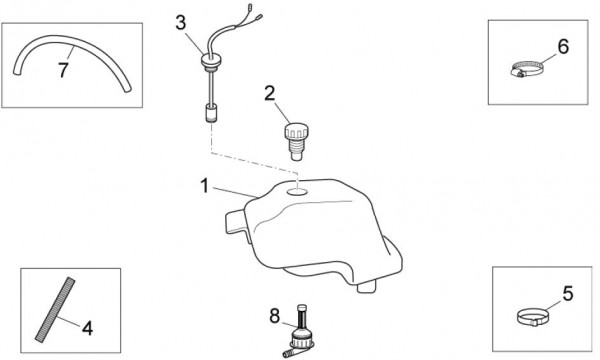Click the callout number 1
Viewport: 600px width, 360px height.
coord(205,186)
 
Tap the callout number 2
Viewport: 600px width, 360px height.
coord(270,94)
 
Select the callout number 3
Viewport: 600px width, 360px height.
coord(181,23)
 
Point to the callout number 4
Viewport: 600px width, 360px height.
coord(88,328)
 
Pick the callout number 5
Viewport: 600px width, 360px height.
coord(568,293)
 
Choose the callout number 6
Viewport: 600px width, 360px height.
coord(563,47)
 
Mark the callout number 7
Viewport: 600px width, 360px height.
coord(63,70)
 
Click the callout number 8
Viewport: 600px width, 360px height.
coord(275,316)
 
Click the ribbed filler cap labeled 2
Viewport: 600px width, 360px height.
coord(296,141)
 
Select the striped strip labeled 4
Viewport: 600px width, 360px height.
coord(55,310)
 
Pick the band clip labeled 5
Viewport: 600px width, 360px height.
coord(532,317)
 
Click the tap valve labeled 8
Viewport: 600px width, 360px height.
coord(299,333)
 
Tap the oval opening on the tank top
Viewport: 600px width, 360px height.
coord(297,191)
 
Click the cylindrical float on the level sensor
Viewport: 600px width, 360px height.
coord(210,113)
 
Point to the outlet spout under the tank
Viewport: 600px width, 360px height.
coord(368,287)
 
